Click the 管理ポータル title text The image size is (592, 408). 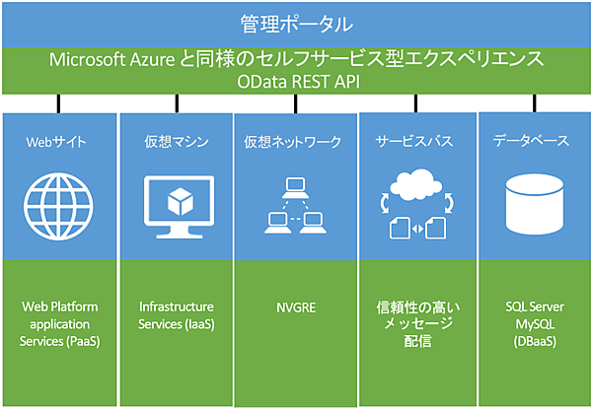tap(295, 22)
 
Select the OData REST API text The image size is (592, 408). tap(295, 82)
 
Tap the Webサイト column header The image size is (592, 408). tap(56, 142)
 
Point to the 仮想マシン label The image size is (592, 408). tap(176, 142)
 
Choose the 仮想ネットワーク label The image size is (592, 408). tap(293, 142)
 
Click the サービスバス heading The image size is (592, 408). tap(414, 142)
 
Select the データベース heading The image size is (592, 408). tap(531, 142)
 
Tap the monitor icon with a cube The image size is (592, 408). tap(177, 206)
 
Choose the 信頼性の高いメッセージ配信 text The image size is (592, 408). tap(414, 323)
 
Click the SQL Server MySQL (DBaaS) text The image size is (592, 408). tap(532, 323)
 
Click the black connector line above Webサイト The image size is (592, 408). tap(60, 102)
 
